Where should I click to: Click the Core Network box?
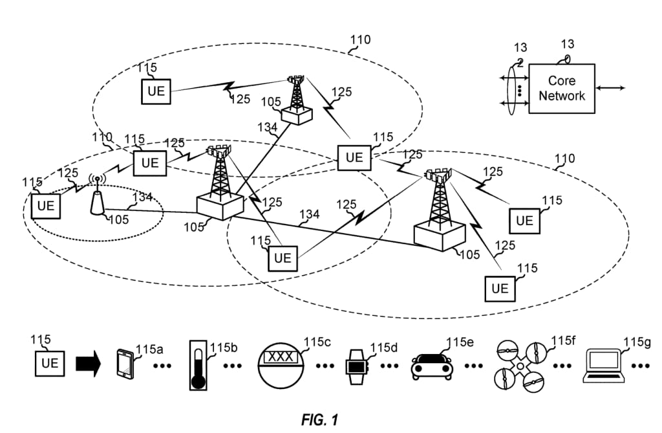pos(561,89)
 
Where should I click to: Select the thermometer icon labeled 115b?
pos(199,365)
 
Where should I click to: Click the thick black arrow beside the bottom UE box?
pos(89,363)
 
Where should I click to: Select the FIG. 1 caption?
pos(319,419)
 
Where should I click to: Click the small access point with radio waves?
pos(96,194)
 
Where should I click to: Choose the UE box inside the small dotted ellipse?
pos(46,206)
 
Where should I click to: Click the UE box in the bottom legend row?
pos(50,362)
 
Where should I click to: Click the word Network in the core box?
pos(562,96)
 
